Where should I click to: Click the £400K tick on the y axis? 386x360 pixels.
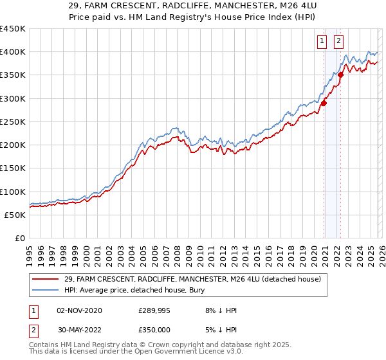pyautogui.click(x=13, y=52)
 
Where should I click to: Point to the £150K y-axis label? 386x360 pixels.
pyautogui.click(x=13, y=168)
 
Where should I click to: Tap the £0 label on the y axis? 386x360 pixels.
pyautogui.click(x=19, y=239)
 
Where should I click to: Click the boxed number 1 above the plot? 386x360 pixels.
pyautogui.click(x=322, y=42)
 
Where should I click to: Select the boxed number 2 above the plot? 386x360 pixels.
pyautogui.click(x=338, y=42)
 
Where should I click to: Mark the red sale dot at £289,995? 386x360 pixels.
pyautogui.click(x=324, y=103)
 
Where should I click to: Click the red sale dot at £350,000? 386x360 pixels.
pyautogui.click(x=341, y=75)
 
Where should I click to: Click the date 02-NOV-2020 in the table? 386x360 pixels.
pyautogui.click(x=79, y=310)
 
